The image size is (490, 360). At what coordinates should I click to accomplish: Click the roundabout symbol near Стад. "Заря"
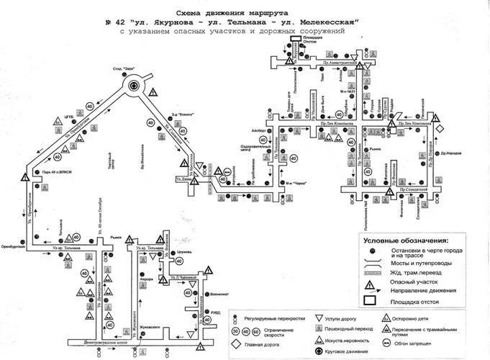tap(134, 87)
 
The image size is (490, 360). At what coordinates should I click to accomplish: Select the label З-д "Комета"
tap(181, 113)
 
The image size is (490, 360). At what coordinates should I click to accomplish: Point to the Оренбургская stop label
tap(14, 247)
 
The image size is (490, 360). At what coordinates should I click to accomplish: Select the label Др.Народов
tap(451, 153)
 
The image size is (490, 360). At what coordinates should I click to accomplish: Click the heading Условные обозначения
tap(406, 240)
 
